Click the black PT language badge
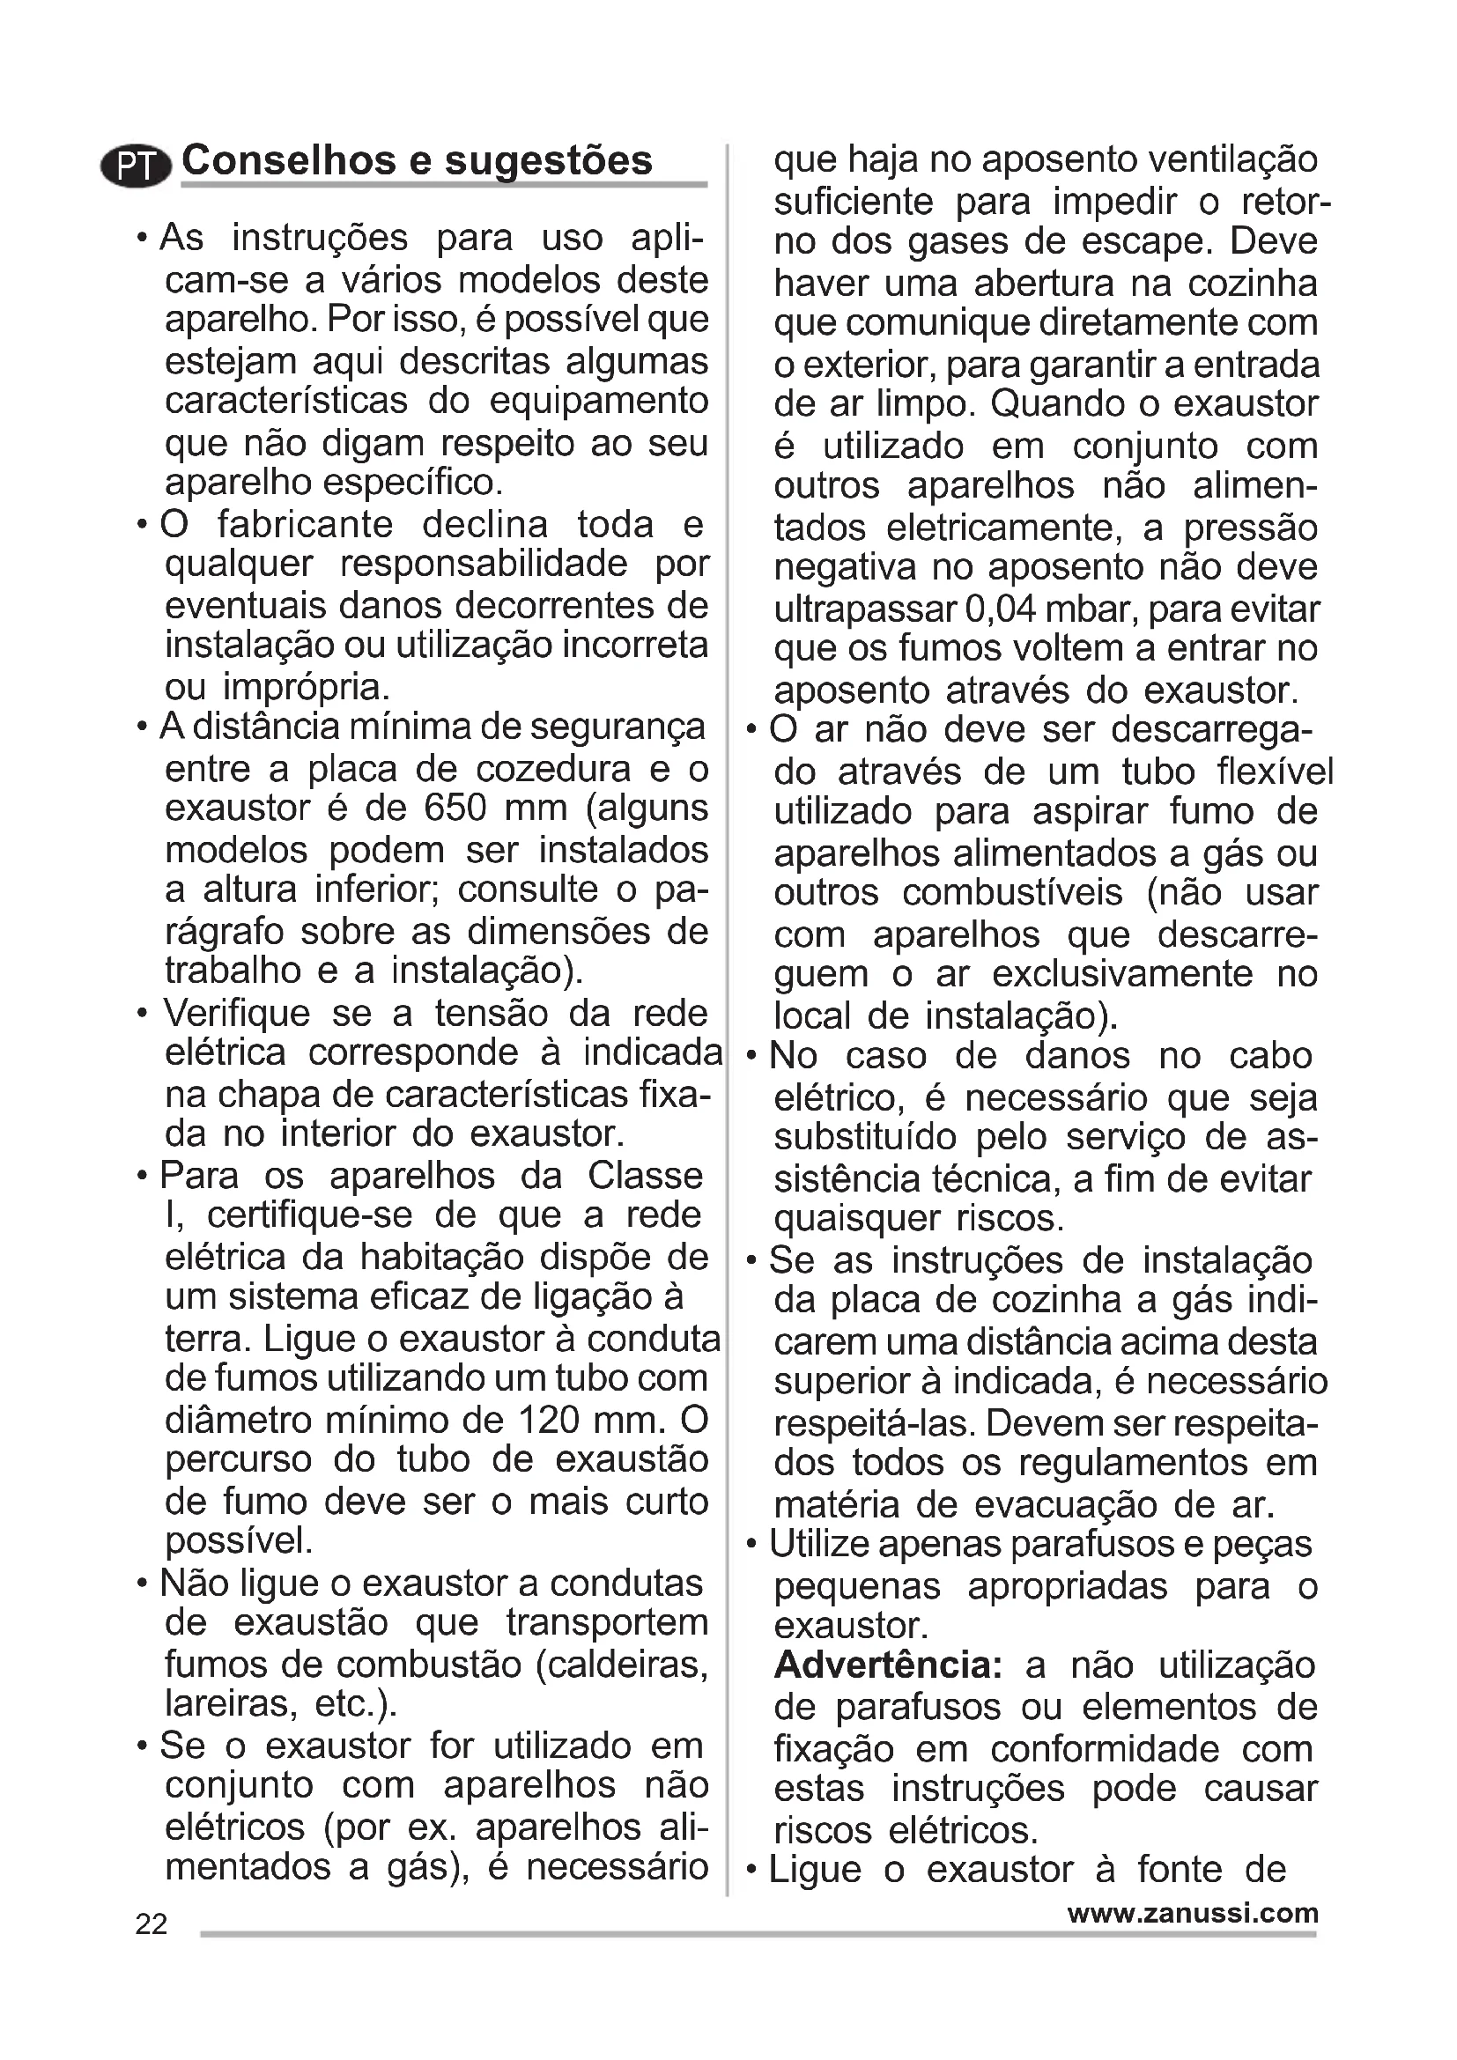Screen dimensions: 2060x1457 pos(136,166)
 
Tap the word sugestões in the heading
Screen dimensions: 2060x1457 pos(548,162)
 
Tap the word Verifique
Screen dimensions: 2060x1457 pos(236,1014)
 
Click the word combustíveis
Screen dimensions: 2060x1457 pos(1012,894)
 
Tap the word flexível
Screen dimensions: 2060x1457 pos(1275,772)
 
